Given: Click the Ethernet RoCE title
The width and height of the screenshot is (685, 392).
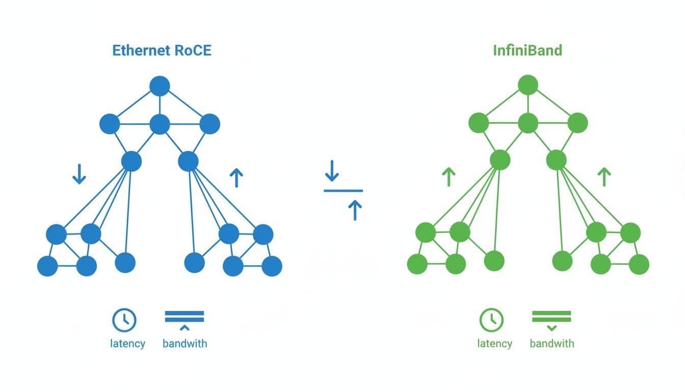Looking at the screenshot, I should click(162, 51).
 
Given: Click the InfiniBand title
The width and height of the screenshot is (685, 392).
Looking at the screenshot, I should click(528, 51).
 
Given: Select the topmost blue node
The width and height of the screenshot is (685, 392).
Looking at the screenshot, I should click(160, 86).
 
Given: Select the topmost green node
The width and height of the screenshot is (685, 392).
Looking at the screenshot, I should click(528, 85).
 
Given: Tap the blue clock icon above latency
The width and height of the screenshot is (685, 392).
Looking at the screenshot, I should click(124, 320).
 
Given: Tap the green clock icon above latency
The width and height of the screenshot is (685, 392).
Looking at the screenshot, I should click(491, 320).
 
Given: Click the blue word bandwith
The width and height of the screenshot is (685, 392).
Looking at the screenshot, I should click(185, 344).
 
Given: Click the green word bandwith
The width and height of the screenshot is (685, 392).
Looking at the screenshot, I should click(551, 344).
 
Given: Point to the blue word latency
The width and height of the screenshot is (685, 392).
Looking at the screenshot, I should click(127, 344).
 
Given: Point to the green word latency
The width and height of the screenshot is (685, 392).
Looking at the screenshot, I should click(494, 344).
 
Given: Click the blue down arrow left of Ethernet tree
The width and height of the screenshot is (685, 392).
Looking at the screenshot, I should click(79, 174).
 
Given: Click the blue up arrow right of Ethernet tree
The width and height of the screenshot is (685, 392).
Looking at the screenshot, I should click(236, 178).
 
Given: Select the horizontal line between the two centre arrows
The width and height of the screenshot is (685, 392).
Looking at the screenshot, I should click(343, 191).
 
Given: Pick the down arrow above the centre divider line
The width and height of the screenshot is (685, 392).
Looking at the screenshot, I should click(332, 171).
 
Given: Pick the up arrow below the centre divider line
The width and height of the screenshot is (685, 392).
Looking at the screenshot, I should click(355, 210).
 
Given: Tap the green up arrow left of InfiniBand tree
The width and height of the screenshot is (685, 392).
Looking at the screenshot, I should click(448, 177).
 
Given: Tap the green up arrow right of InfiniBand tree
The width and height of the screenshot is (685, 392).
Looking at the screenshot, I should click(604, 177).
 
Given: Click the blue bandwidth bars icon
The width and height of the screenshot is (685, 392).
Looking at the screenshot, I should click(185, 317).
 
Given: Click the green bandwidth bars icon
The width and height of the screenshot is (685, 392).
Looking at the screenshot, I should click(551, 317).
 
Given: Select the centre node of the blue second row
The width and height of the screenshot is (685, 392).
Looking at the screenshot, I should click(160, 124).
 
